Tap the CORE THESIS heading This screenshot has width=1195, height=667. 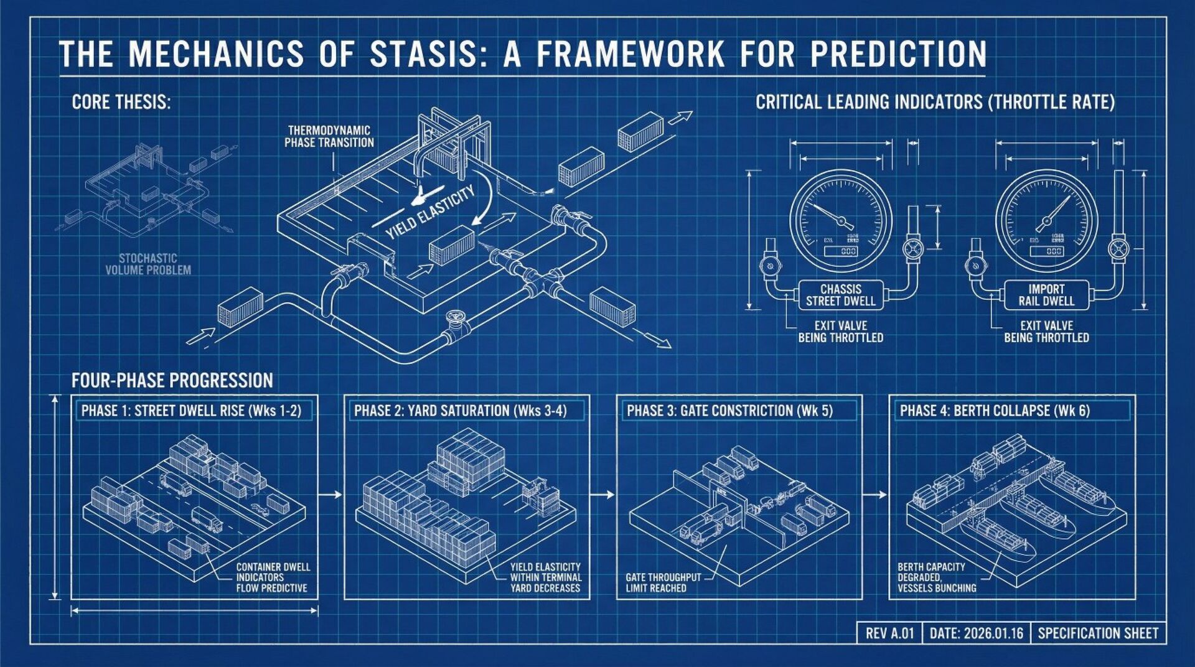click(121, 102)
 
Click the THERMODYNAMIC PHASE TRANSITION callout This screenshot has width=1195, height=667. click(329, 137)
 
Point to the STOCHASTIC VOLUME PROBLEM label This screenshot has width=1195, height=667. click(148, 264)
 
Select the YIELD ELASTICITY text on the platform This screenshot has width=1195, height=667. click(430, 212)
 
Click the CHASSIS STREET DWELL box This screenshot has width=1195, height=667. click(840, 295)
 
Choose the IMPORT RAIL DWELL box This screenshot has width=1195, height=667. click(1046, 295)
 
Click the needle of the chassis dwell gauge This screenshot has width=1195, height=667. click(828, 213)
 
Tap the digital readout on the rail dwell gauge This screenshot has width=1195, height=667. click(1046, 251)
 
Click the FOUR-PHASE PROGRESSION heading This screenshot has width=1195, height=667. click(172, 380)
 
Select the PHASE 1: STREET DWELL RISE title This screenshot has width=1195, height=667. click(191, 411)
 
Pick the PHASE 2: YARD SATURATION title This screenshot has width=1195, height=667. click(461, 411)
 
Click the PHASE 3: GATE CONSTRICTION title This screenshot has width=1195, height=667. click(729, 411)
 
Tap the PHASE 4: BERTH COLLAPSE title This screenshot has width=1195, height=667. click(995, 411)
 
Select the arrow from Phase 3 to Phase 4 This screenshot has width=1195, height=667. click(875, 495)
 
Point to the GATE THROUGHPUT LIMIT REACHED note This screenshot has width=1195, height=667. click(663, 582)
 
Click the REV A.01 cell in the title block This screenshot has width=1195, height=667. click(889, 633)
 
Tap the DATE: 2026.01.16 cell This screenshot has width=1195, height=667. click(976, 633)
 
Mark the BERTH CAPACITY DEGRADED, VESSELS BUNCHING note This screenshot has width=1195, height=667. click(936, 577)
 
